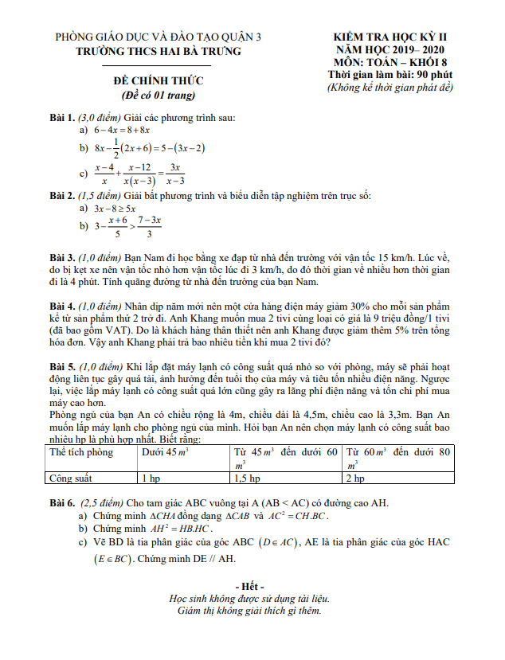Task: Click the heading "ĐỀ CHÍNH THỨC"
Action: (157, 80)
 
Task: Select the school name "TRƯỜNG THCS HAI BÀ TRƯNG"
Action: (157, 51)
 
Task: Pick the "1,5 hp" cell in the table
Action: (247, 479)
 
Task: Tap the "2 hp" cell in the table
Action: (355, 479)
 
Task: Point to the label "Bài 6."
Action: (64, 503)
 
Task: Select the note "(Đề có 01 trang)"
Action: (158, 96)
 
